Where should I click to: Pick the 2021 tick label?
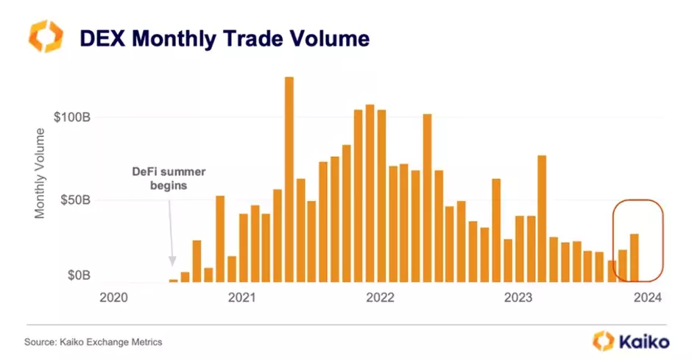pyautogui.click(x=241, y=297)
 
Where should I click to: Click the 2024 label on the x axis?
pyautogui.click(x=647, y=297)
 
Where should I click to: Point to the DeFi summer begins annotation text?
pyautogui.click(x=169, y=178)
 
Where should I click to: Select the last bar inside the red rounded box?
pyautogui.click(x=634, y=257)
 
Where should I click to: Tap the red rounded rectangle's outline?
pyautogui.click(x=664, y=240)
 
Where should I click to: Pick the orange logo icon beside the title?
pyautogui.click(x=46, y=36)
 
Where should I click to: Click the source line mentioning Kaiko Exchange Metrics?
pyautogui.click(x=93, y=342)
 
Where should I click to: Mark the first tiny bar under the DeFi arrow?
pyautogui.click(x=174, y=280)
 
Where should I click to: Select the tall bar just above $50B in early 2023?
pyautogui.click(x=542, y=218)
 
